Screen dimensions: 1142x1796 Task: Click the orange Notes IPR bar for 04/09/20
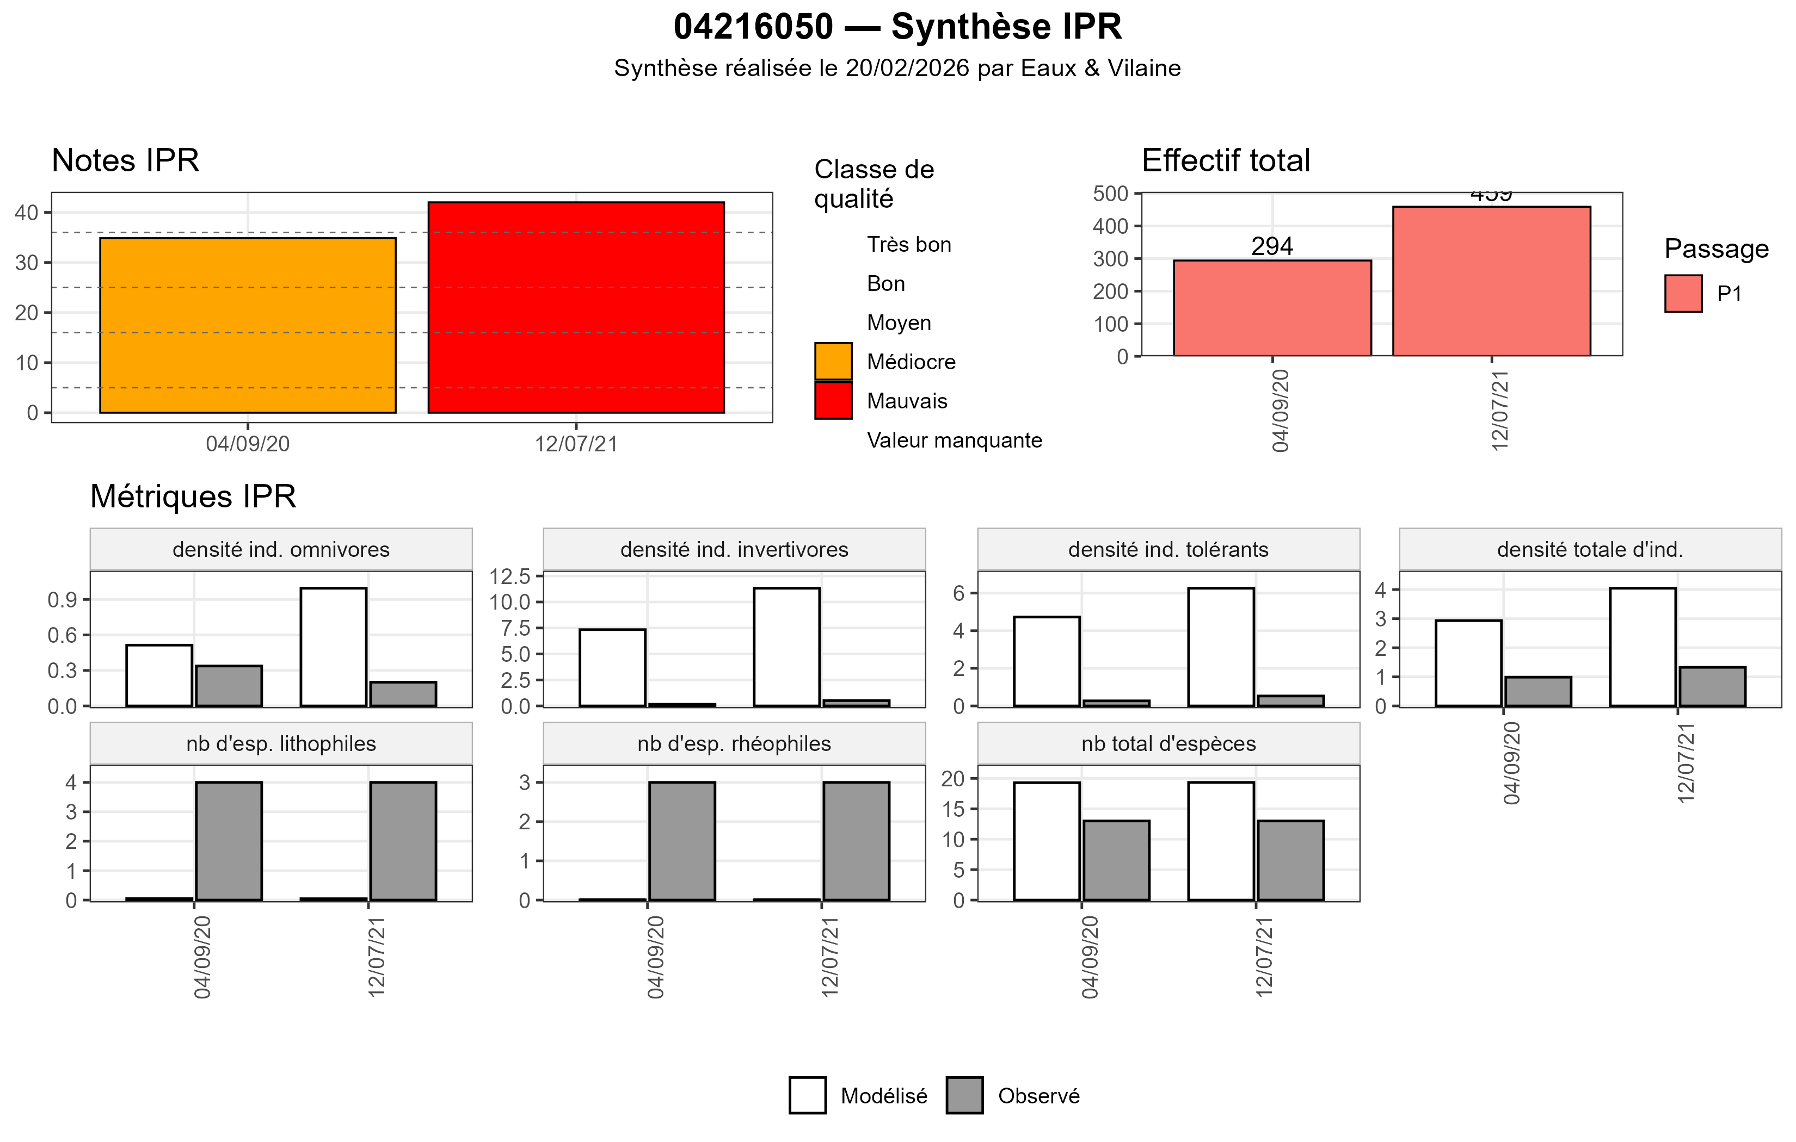click(248, 325)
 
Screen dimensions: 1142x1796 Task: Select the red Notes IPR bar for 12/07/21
click(576, 307)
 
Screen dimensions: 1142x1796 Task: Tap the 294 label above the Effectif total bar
click(1272, 246)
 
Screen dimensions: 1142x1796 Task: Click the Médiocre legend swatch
click(833, 362)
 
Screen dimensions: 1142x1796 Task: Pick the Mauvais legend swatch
click(833, 401)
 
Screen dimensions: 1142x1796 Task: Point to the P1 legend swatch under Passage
click(1683, 294)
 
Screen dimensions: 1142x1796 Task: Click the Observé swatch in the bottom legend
click(964, 1095)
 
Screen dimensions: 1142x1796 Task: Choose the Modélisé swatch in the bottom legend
click(807, 1095)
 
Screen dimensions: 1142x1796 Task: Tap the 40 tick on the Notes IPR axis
click(26, 213)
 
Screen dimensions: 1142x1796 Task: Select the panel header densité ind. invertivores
click(734, 549)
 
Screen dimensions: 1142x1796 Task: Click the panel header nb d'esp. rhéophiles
click(734, 744)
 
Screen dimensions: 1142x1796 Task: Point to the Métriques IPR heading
click(193, 496)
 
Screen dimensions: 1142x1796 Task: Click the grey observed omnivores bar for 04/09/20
click(229, 686)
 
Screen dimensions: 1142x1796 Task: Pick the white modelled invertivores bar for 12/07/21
click(786, 647)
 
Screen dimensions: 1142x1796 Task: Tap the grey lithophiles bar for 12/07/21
click(403, 841)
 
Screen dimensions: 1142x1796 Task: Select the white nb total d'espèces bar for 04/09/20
click(1047, 841)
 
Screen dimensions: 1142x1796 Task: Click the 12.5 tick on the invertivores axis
click(509, 576)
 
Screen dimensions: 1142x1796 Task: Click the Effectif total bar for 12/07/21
click(1491, 281)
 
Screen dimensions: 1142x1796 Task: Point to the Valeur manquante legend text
click(954, 440)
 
